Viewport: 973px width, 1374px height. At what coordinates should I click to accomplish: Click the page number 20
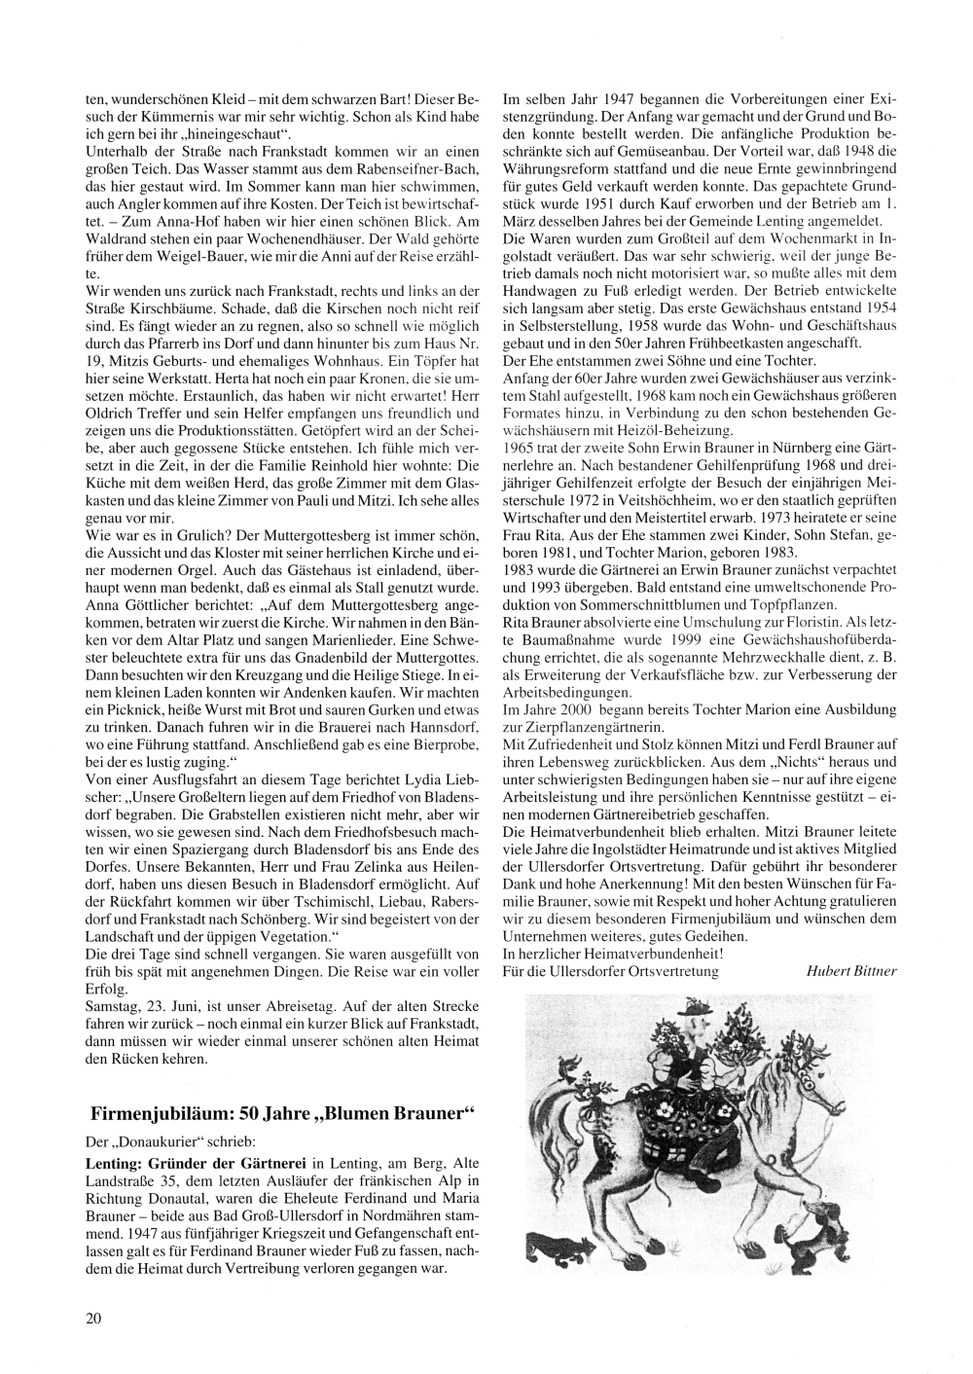point(93,1319)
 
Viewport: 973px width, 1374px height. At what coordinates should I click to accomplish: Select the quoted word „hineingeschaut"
point(238,130)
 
